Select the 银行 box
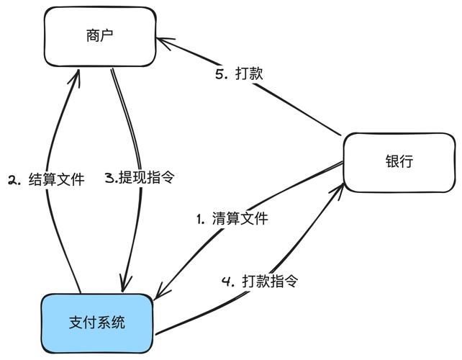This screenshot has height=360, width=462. (399, 162)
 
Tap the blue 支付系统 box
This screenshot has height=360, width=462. (97, 322)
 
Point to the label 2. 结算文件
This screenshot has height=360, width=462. (46, 179)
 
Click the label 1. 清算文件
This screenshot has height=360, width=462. (232, 219)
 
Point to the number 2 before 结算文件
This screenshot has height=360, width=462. (12, 179)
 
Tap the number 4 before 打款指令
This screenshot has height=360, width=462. (228, 281)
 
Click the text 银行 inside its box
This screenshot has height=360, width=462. (399, 162)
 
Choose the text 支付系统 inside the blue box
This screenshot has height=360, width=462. (97, 322)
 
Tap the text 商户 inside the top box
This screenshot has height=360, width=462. (100, 36)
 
